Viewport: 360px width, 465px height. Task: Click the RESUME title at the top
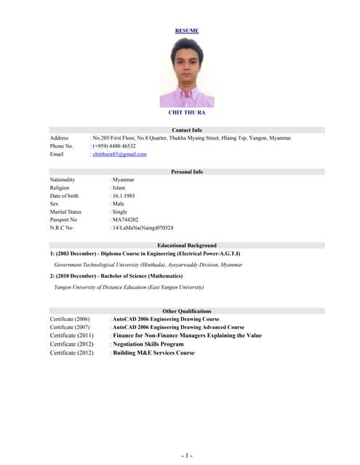[187, 31]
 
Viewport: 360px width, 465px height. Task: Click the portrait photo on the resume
[187, 73]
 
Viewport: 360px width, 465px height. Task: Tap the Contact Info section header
[187, 130]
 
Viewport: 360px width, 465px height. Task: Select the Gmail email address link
[119, 154]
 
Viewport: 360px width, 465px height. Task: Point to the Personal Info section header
[187, 172]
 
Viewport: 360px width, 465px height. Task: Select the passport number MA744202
[125, 219]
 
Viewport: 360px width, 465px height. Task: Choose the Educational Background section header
[187, 246]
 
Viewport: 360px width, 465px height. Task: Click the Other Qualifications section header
[187, 311]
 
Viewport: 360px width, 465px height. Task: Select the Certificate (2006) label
[70, 319]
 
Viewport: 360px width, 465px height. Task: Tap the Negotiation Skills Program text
[148, 344]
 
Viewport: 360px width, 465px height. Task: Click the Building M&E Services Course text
[153, 353]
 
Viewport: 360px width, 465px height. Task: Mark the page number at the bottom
[187, 456]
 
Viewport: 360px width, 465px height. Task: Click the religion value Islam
[119, 187]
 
